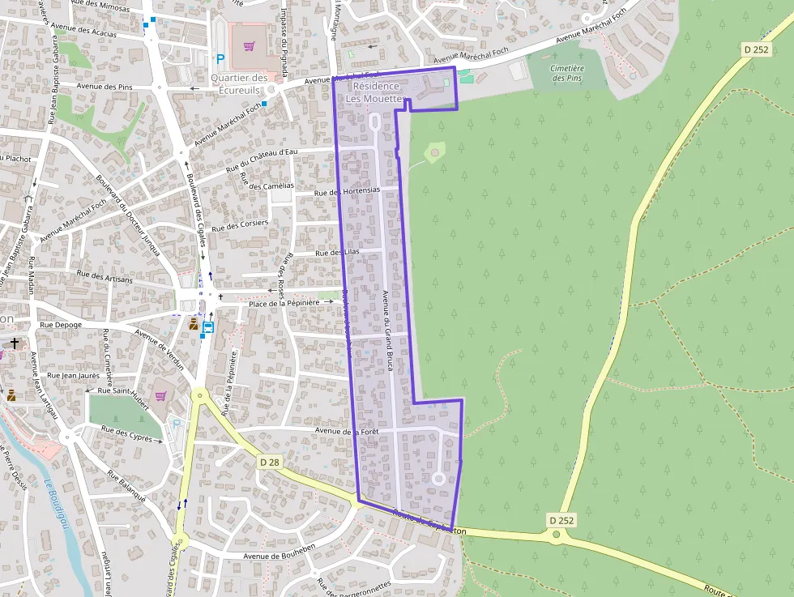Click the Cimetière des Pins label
[x=568, y=73]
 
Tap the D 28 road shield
[x=270, y=462]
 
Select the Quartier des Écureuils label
[x=239, y=84]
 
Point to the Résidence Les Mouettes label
[x=375, y=92]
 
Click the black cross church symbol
[x=14, y=343]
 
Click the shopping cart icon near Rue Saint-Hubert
[x=160, y=395]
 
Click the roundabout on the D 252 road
[x=557, y=535]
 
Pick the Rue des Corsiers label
[x=240, y=225]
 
